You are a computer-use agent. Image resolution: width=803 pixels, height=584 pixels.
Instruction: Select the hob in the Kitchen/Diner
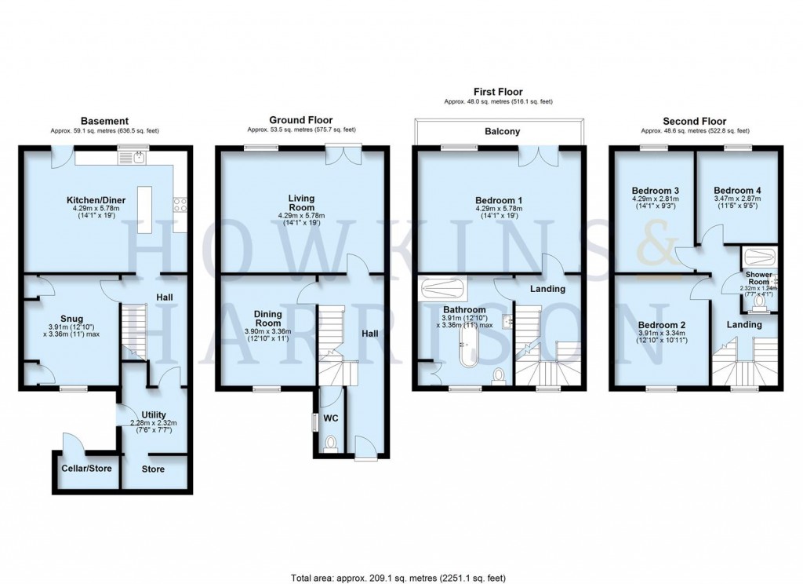(180, 205)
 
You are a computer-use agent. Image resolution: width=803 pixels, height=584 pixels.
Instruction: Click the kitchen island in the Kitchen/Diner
(144, 209)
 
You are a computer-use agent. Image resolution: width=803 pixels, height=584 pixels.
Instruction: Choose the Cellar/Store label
(86, 469)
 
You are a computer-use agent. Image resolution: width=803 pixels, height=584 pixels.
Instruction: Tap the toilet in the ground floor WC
(329, 443)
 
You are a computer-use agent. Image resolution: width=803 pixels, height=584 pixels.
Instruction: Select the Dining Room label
(267, 318)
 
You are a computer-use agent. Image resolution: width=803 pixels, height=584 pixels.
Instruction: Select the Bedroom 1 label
(499, 200)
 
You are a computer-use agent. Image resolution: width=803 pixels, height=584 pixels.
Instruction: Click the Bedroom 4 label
(737, 190)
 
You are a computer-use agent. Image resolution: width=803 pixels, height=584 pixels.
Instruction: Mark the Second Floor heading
(695, 121)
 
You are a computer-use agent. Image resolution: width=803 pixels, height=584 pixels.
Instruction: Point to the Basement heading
(104, 121)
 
